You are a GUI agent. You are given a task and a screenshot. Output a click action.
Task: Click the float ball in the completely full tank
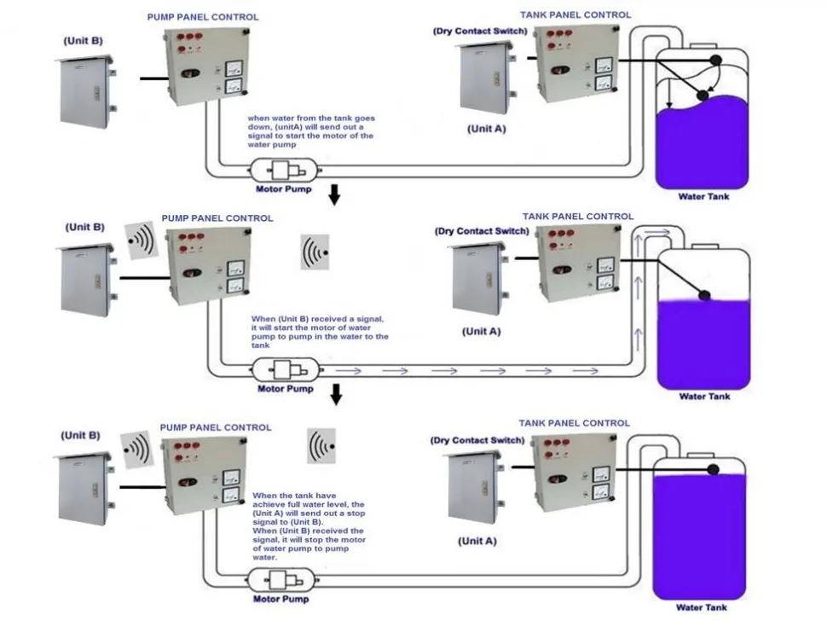[x=713, y=469]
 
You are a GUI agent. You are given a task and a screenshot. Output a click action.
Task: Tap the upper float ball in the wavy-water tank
[x=715, y=61]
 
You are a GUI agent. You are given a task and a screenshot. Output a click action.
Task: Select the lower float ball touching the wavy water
[x=703, y=96]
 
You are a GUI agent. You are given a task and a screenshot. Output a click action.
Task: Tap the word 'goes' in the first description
[x=364, y=119]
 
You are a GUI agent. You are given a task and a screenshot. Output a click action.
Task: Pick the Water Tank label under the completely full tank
[x=702, y=607]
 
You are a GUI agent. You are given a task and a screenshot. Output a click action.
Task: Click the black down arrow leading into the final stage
[x=336, y=394]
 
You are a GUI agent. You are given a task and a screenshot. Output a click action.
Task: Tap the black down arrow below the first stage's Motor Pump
[x=334, y=194]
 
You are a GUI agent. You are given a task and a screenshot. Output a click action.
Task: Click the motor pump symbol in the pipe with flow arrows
[x=286, y=370]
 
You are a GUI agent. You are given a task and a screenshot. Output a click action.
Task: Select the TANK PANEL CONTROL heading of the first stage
[x=575, y=15]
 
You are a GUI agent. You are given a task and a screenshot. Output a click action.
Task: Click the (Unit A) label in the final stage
[x=477, y=541]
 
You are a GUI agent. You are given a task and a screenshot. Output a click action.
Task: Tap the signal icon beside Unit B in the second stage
[x=141, y=240]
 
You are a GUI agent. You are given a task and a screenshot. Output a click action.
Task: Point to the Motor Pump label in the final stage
[x=281, y=599]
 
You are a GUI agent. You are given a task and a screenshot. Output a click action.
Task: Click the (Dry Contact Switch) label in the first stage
[x=480, y=31]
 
